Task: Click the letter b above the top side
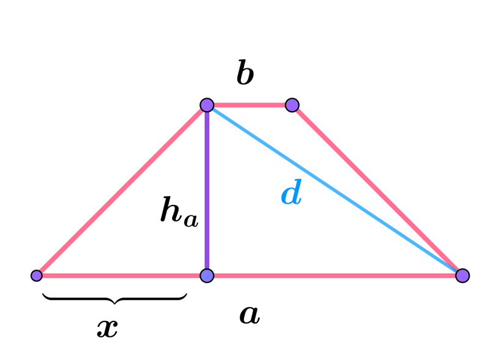(245, 73)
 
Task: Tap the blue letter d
(292, 192)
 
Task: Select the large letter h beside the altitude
(171, 209)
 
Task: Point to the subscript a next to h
(191, 220)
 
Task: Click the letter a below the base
(249, 314)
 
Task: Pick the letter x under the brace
(107, 328)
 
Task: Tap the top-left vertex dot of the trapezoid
(207, 105)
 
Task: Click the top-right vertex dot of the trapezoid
(292, 105)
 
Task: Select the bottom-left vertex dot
(37, 276)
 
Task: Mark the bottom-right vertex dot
(462, 276)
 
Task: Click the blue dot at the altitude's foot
(207, 276)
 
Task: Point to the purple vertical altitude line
(207, 190)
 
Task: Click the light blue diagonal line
(334, 190)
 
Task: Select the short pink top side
(249, 105)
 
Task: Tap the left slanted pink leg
(121, 190)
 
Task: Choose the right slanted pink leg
(377, 190)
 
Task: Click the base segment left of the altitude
(121, 276)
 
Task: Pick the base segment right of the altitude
(334, 276)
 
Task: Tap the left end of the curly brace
(43, 294)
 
